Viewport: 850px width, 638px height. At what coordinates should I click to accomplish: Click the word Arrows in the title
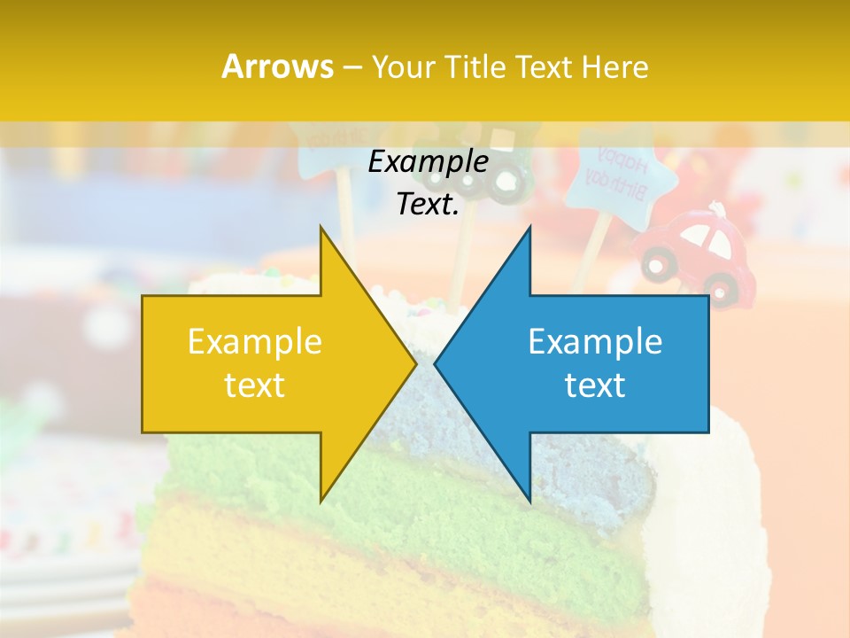click(x=278, y=66)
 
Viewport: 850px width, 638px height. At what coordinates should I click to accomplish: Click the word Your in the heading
click(x=403, y=67)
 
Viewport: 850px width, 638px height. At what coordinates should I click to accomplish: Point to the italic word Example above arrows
click(x=428, y=162)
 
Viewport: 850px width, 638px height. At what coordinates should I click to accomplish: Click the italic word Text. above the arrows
click(x=428, y=204)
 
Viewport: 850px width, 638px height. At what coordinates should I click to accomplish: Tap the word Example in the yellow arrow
click(x=254, y=342)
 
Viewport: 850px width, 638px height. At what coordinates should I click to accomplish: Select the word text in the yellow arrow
click(x=254, y=385)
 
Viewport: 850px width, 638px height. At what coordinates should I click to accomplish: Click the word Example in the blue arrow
click(x=595, y=342)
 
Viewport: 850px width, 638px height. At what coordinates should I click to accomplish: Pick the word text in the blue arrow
click(x=595, y=385)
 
